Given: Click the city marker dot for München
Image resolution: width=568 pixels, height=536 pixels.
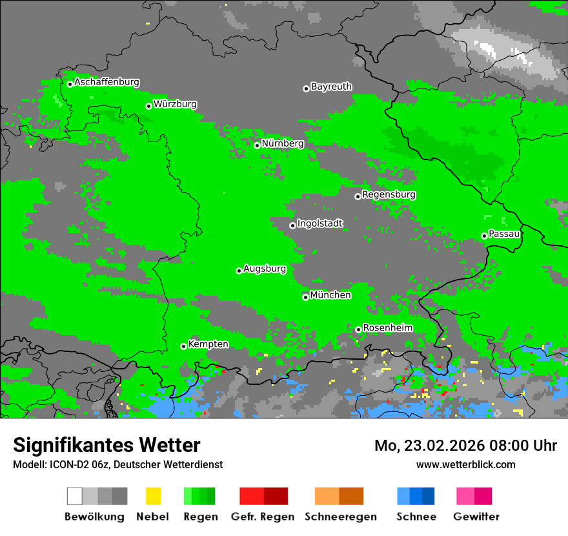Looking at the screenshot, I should (305, 297).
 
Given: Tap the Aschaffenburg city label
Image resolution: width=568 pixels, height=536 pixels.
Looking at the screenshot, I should (107, 82).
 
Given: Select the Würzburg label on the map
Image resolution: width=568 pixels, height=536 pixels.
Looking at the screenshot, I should (175, 104).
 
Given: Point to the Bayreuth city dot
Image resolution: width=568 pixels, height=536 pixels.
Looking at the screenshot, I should (306, 88).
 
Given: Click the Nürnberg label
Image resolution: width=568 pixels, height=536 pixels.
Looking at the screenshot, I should (282, 143).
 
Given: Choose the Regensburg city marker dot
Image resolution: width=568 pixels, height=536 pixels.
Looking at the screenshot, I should (358, 196).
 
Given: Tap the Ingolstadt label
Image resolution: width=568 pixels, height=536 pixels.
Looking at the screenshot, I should (319, 223).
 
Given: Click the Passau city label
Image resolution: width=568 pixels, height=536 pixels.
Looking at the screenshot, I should (504, 234).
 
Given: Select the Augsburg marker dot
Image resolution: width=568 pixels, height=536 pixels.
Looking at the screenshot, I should (239, 271).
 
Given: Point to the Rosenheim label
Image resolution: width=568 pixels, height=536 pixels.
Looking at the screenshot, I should (387, 327).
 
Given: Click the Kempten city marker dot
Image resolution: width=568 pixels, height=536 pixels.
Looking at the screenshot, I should (183, 346).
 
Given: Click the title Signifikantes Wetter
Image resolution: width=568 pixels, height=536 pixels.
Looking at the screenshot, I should (107, 445).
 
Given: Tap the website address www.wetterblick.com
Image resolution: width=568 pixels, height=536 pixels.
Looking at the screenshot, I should (465, 464).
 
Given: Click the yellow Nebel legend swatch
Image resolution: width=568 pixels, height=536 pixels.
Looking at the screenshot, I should (153, 496).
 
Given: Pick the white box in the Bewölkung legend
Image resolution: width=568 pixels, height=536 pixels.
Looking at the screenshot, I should (75, 496).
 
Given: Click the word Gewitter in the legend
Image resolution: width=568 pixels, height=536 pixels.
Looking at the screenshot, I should (476, 517).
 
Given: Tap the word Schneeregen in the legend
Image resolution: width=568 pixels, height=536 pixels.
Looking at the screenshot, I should (340, 517).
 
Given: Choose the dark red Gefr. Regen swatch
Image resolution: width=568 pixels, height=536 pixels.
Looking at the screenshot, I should (276, 496).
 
